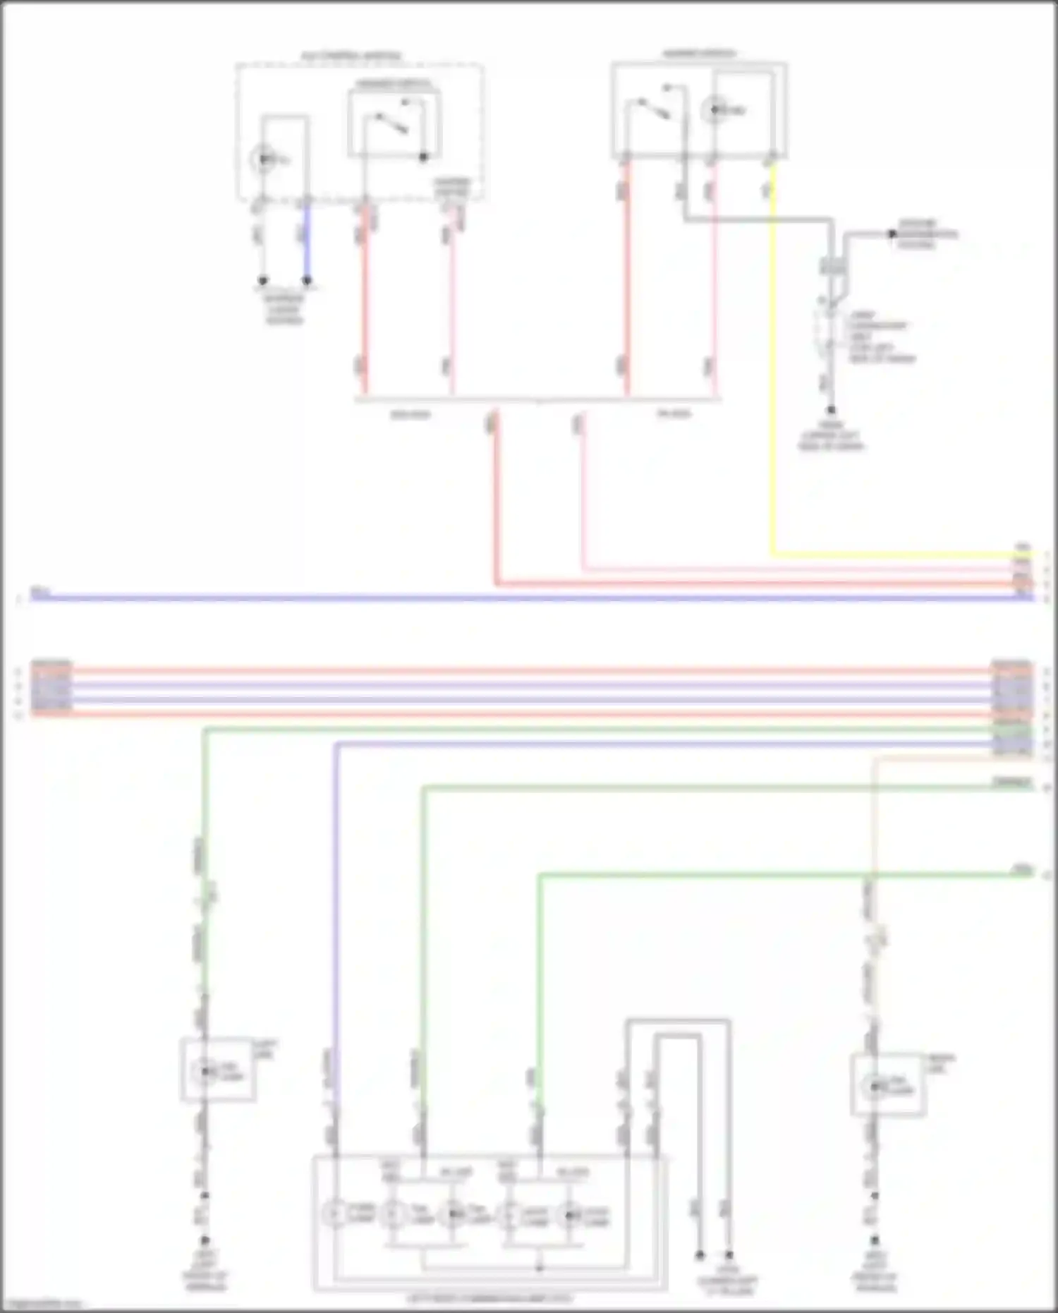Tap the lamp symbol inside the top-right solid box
click(714, 110)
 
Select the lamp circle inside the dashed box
click(263, 159)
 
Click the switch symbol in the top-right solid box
click(655, 106)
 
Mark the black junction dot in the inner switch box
click(423, 157)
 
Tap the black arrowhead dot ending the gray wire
click(892, 234)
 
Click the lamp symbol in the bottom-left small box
click(205, 1071)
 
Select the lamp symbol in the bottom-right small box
click(875, 1087)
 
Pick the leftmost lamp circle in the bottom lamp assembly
click(334, 1214)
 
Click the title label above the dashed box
click(351, 56)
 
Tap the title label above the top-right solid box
click(699, 54)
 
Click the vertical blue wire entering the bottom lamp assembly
click(336, 917)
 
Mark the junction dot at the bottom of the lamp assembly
click(540, 1268)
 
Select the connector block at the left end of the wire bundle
click(51, 688)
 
